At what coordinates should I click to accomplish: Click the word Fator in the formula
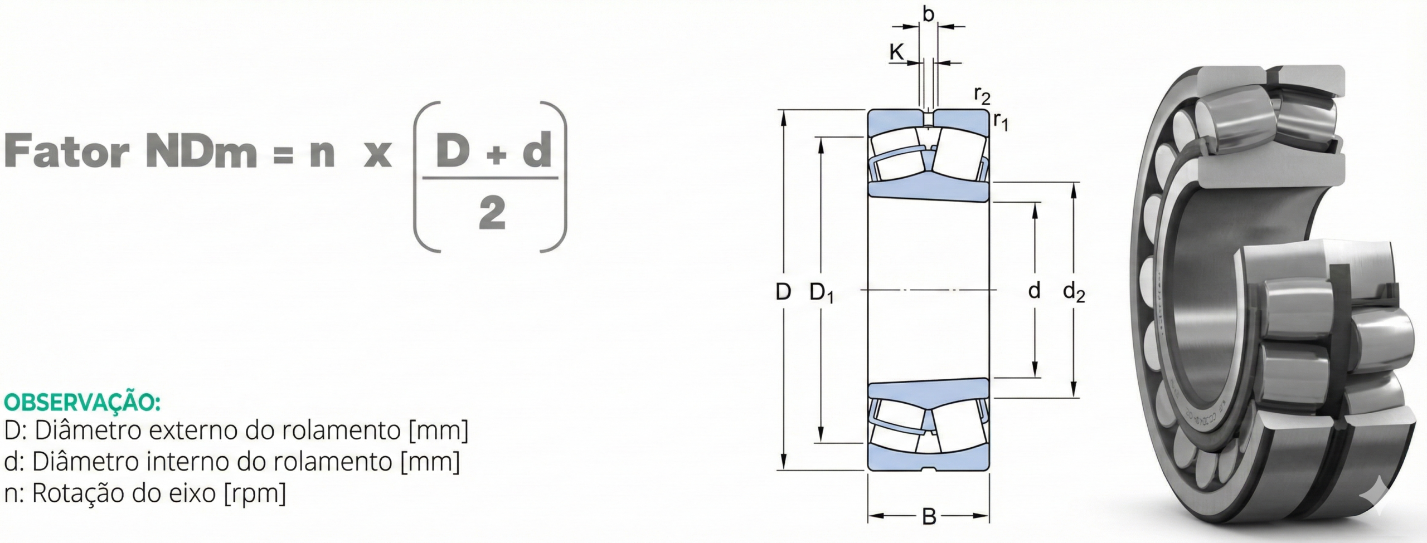point(67,151)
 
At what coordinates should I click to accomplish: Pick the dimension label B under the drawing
point(929,517)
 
